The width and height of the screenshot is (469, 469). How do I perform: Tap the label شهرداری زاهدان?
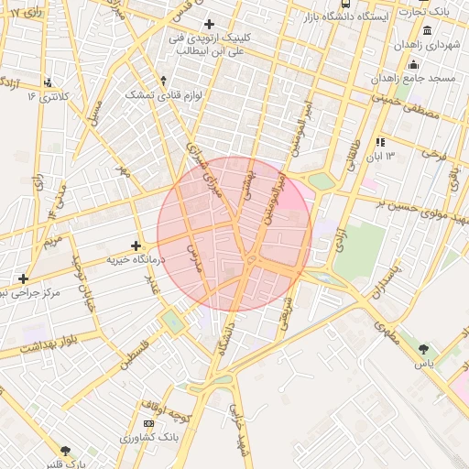pyautogui.click(x=426, y=45)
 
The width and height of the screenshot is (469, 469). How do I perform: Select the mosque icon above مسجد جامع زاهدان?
pyautogui.click(x=413, y=64)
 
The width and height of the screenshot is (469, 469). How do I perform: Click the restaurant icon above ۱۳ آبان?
pyautogui.click(x=380, y=142)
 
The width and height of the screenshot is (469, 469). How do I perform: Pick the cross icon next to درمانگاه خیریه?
pyautogui.click(x=136, y=245)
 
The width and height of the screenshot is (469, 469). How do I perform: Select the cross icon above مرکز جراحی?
pyautogui.click(x=23, y=278)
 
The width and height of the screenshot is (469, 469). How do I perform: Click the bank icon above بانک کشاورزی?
pyautogui.click(x=148, y=423)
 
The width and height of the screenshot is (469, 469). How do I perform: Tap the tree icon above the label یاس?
pyautogui.click(x=422, y=349)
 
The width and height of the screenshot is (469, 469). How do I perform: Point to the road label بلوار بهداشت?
pyautogui.click(x=40, y=348)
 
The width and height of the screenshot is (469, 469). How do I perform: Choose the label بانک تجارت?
pyautogui.click(x=431, y=11)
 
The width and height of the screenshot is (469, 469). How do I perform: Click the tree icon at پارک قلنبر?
pyautogui.click(x=64, y=450)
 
